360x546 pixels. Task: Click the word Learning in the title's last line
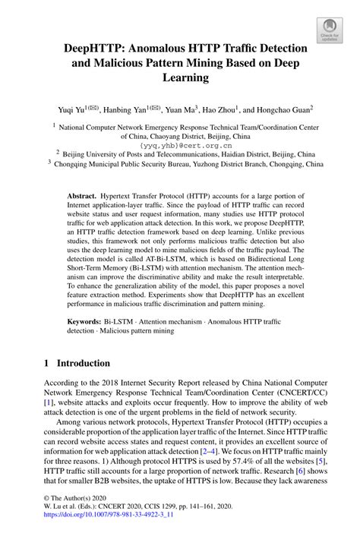179,77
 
